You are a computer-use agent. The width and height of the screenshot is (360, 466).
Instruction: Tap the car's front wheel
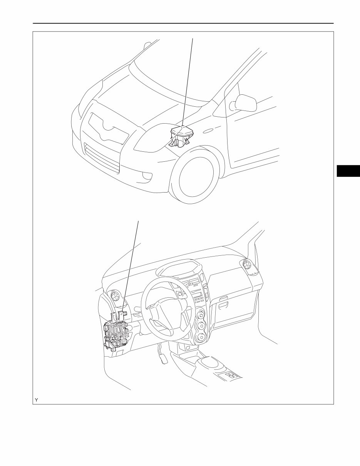click(x=194, y=177)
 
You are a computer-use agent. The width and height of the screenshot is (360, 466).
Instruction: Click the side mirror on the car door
click(x=245, y=103)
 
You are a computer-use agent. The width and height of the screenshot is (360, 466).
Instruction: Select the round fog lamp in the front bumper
click(x=146, y=176)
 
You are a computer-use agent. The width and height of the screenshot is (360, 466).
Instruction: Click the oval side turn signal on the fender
click(x=208, y=131)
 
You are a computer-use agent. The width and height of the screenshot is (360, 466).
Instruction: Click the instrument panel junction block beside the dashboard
click(x=118, y=332)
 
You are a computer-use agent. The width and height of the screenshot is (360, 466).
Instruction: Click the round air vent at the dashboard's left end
click(x=114, y=296)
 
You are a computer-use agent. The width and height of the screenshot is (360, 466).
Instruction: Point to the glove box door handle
click(x=223, y=299)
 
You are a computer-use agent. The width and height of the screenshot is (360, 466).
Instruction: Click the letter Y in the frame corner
click(x=37, y=400)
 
